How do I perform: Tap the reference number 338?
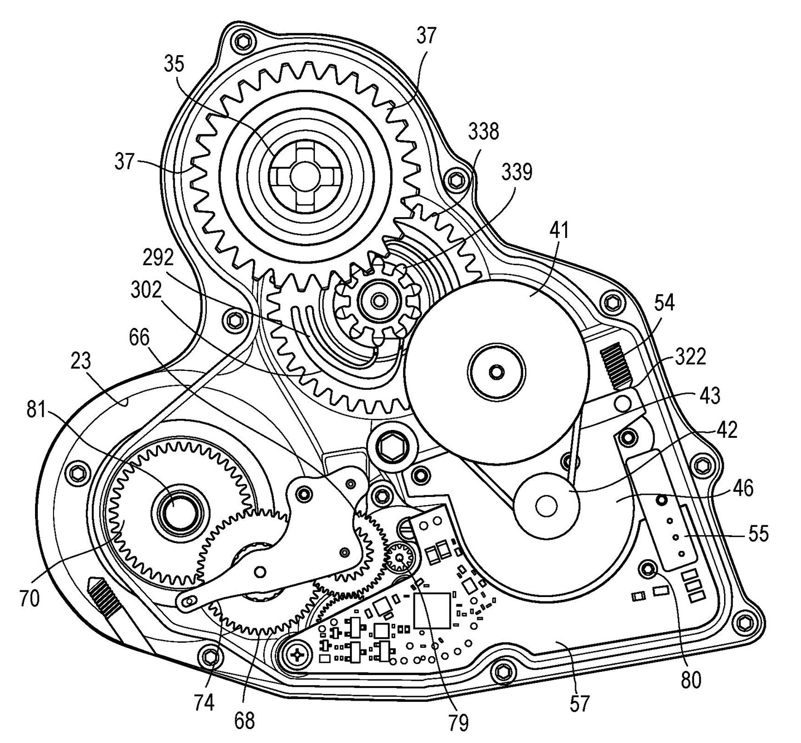pos(483,132)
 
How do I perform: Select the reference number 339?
pos(516,172)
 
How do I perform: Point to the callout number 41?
pos(559,229)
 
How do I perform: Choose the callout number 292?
pos(158,257)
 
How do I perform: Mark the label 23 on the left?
pos(81,362)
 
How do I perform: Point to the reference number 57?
pos(580,703)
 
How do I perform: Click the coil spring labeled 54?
pos(616,365)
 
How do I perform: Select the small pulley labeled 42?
pos(546,505)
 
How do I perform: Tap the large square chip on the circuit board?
pos(432,610)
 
